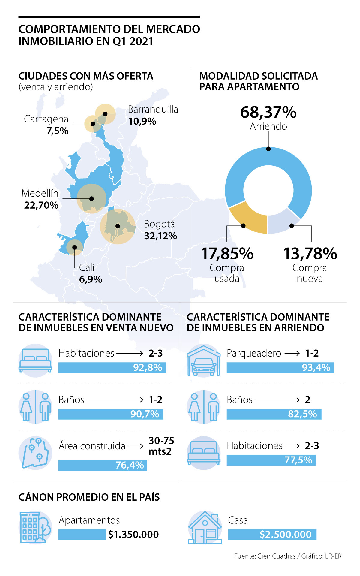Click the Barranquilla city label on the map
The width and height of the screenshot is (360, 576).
[x=153, y=110]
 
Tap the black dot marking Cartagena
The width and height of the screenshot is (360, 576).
[x=93, y=124]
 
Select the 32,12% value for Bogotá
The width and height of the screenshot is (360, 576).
[x=160, y=236]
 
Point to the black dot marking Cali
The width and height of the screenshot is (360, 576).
[x=74, y=247]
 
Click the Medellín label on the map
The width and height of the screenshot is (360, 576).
[x=40, y=193]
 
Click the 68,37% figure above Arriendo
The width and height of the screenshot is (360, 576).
[x=268, y=112]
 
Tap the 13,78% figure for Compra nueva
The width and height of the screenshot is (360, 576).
[x=310, y=254]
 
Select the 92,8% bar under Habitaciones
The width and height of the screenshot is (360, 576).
[x=112, y=368]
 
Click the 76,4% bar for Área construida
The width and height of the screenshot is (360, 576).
[x=102, y=465]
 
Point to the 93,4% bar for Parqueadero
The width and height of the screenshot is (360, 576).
[x=280, y=368]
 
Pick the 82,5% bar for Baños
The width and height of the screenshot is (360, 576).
[x=274, y=414]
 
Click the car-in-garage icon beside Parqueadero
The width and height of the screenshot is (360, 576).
[x=204, y=360]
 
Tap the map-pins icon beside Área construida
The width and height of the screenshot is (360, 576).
[x=35, y=453]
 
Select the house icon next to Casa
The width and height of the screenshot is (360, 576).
[x=205, y=527]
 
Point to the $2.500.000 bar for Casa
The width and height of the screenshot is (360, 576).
[x=272, y=535]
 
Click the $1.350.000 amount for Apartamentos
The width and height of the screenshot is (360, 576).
[x=133, y=535]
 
